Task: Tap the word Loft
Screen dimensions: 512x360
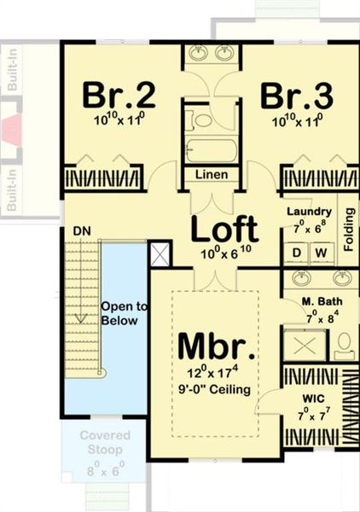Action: pyautogui.click(x=224, y=229)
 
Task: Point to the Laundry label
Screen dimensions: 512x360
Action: pyautogui.click(x=308, y=211)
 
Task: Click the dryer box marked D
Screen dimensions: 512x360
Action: pyautogui.click(x=297, y=253)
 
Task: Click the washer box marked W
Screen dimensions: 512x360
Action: pyautogui.click(x=321, y=253)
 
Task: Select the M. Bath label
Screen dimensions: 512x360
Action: pyautogui.click(x=322, y=303)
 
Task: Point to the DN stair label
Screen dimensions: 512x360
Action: pyautogui.click(x=81, y=231)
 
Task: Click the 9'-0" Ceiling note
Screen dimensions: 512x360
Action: pyautogui.click(x=216, y=390)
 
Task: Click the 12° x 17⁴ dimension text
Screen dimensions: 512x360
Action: pyautogui.click(x=216, y=374)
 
